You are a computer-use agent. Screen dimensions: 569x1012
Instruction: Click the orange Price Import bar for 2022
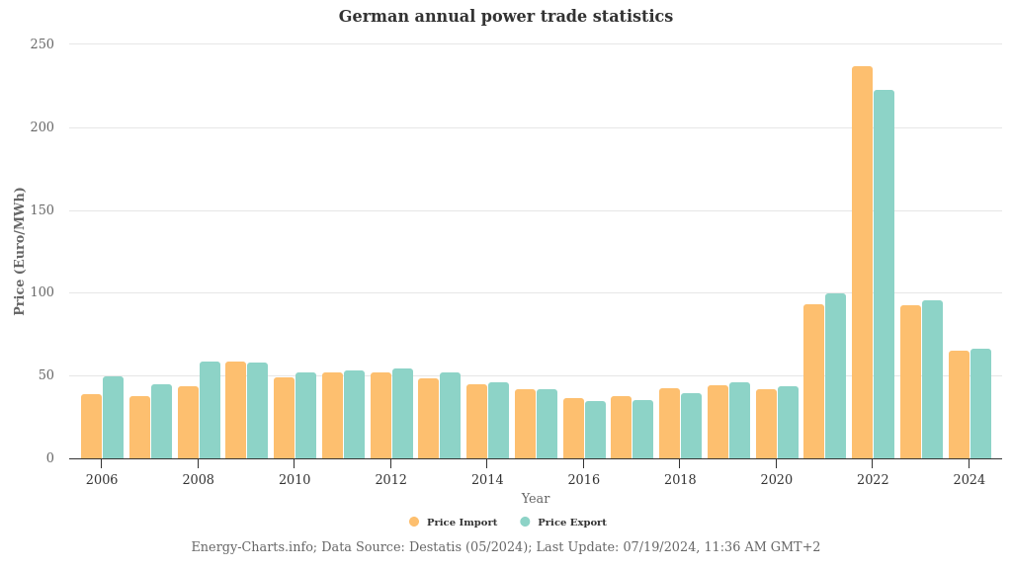862,262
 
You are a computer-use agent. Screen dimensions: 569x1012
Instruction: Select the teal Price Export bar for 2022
884,274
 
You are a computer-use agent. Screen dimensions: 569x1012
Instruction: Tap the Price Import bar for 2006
91,426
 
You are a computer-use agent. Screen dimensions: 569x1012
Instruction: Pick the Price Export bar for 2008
210,410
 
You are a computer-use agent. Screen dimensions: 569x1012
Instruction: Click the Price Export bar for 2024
980,403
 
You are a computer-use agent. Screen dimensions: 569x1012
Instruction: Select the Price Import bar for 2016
573,428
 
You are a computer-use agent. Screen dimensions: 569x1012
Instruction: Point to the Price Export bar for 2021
835,375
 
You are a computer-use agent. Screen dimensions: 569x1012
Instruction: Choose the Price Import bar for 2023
910,381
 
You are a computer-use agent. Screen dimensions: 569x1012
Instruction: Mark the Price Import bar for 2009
235,410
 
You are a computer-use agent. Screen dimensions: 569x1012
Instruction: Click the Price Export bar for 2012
402,413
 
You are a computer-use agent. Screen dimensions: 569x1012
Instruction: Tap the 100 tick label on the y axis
42,292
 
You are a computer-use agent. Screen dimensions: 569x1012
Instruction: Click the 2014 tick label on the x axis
487,480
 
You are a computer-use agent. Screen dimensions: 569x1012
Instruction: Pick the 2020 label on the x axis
776,480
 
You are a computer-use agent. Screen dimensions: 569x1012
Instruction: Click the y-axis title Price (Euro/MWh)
20,251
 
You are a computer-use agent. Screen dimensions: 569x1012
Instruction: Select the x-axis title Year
536,499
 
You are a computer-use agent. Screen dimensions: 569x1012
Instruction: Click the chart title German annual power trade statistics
506,17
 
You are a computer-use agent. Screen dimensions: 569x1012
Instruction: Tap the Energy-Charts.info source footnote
506,547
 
